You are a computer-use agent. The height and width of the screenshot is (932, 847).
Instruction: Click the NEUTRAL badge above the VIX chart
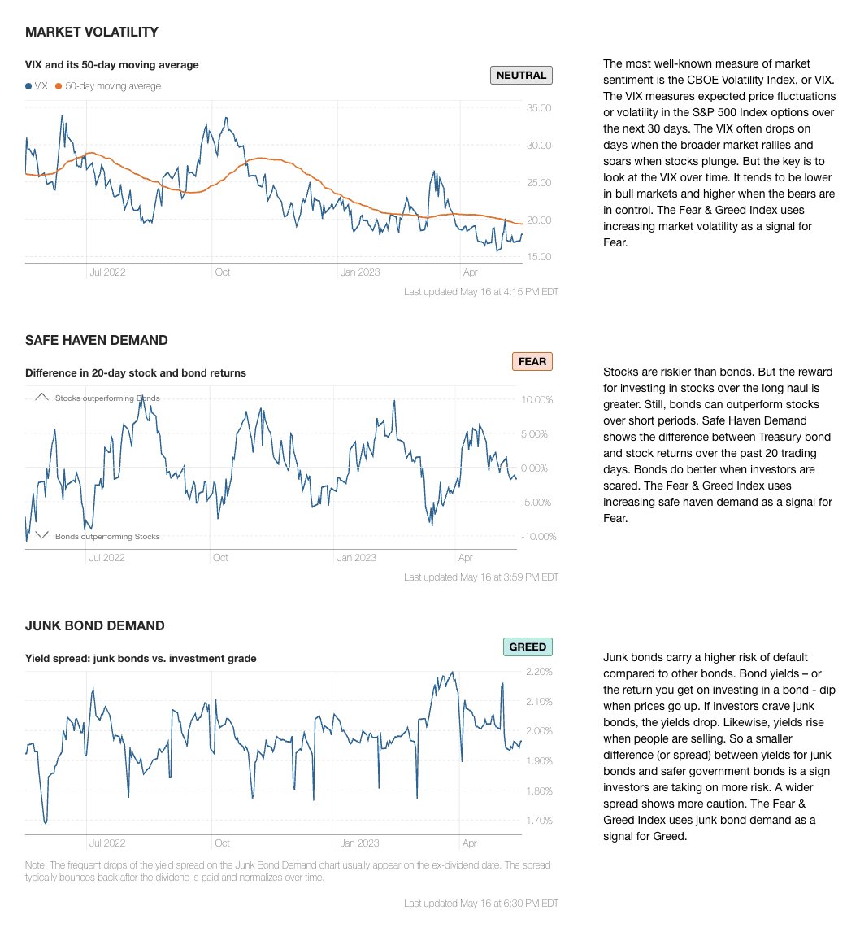521,76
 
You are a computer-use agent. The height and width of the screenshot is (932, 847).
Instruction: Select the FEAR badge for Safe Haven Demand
532,361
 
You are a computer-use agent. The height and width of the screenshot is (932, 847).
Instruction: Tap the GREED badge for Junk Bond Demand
528,647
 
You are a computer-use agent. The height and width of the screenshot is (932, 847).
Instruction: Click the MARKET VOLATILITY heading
92,33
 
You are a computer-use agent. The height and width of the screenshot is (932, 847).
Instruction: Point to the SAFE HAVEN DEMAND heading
97,340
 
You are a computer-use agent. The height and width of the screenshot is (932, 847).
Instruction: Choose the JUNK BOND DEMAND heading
95,625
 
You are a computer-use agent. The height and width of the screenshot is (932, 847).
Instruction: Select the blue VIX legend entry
37,86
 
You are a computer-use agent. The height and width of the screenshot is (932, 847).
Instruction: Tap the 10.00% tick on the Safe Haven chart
537,400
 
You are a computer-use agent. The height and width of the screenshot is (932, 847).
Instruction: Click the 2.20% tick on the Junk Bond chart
540,672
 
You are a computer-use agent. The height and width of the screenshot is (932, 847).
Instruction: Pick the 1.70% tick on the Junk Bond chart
540,821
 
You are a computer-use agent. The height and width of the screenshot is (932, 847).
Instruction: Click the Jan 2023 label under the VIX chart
360,272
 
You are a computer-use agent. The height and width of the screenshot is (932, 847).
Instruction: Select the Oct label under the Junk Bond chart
221,843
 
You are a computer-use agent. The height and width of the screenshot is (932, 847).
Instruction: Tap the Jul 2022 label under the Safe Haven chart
107,558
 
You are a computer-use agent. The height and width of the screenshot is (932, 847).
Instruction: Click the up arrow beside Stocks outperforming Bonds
42,398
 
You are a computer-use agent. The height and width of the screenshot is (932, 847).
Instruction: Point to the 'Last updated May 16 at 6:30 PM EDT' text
480,904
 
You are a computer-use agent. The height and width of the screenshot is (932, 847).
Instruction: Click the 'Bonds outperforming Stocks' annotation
107,537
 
